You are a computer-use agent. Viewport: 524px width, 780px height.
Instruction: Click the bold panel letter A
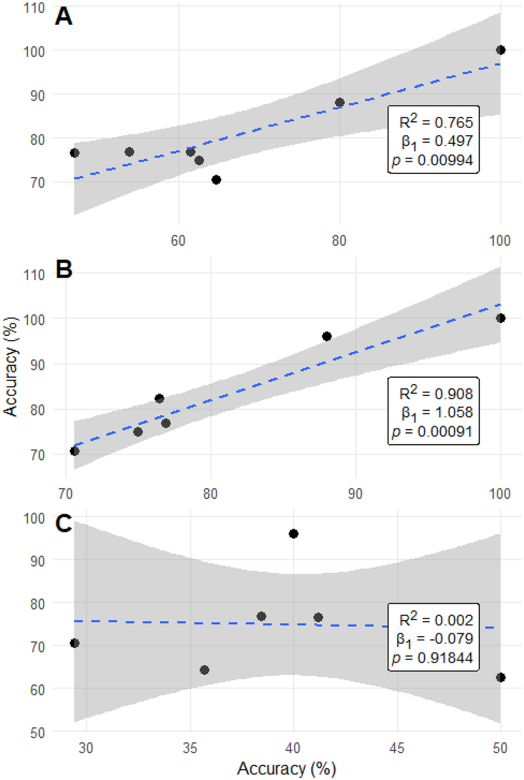[x=63, y=16]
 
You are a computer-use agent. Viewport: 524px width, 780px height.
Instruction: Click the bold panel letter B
[x=63, y=270]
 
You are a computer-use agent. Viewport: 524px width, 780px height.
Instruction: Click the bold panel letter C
[x=63, y=524]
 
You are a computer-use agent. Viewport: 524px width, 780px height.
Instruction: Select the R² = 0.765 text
[x=436, y=122]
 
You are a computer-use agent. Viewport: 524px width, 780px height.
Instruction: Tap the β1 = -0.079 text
[x=434, y=639]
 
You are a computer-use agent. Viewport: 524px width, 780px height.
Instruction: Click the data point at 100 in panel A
[x=500, y=50]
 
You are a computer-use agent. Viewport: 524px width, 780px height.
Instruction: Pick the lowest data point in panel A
[x=216, y=180]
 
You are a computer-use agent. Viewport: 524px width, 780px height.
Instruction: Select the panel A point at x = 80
[x=339, y=102]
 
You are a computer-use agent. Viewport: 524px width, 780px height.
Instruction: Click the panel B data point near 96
[x=327, y=336]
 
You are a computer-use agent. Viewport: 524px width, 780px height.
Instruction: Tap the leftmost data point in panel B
[x=75, y=451]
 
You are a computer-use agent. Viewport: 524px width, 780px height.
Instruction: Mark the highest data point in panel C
[x=293, y=534]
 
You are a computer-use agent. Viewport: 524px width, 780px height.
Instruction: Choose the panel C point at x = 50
[x=500, y=678]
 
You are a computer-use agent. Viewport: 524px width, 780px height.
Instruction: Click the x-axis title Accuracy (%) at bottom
[x=286, y=768]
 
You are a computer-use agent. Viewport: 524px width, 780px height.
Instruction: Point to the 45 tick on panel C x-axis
[x=397, y=747]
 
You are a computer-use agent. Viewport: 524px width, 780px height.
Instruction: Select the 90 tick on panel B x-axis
[x=355, y=494]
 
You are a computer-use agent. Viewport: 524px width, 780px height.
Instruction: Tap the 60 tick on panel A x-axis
[x=178, y=240]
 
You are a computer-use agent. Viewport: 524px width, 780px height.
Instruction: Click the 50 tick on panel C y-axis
[x=38, y=732]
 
